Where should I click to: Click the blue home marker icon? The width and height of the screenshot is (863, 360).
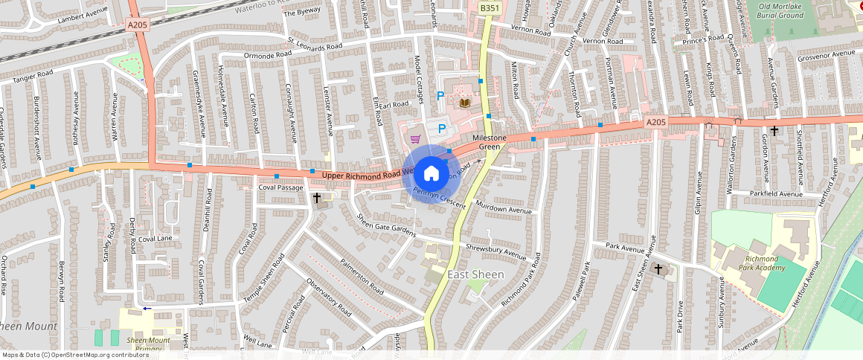point(431,174)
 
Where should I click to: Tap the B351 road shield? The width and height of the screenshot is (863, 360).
point(489,8)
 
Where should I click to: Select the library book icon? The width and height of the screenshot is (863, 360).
point(466,102)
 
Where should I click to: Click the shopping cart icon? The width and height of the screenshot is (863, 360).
point(415,138)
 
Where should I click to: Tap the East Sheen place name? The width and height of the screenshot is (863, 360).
point(475,274)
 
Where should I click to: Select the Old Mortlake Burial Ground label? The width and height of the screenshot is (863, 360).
point(780,10)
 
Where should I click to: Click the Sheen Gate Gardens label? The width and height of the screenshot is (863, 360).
point(386,225)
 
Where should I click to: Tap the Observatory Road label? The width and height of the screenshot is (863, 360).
point(328,298)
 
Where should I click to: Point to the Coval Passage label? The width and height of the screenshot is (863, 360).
point(281,187)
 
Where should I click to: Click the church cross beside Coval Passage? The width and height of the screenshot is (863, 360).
point(318,198)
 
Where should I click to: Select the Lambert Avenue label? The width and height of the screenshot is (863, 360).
point(83,15)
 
